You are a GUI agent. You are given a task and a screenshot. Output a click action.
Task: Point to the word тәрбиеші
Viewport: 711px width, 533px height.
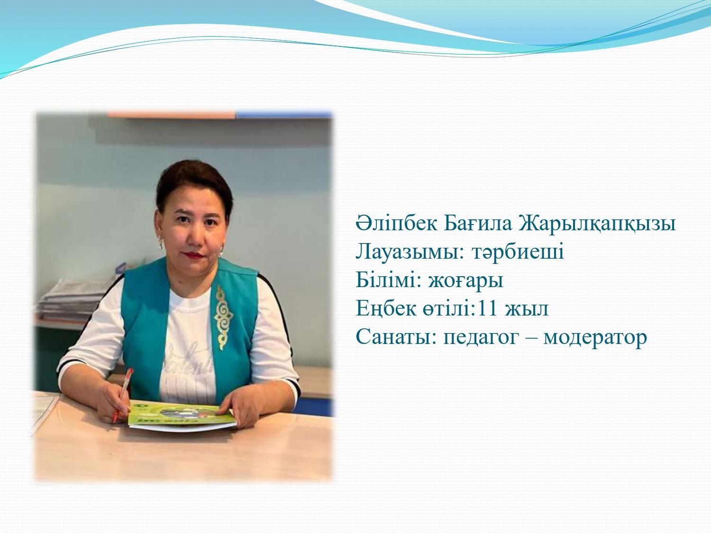[518, 252]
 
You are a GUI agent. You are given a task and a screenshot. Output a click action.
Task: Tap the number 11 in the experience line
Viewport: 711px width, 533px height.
[487, 308]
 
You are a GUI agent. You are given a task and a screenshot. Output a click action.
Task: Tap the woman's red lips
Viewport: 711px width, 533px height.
[194, 255]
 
